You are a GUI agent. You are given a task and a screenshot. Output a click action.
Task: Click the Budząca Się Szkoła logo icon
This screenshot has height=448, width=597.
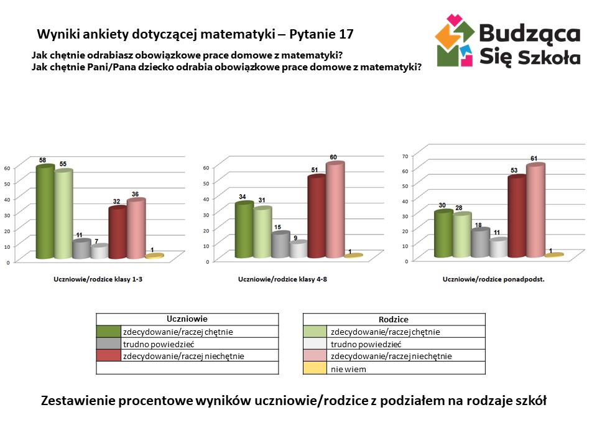point(456,40)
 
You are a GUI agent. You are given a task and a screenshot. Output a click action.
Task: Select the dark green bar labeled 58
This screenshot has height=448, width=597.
point(45,212)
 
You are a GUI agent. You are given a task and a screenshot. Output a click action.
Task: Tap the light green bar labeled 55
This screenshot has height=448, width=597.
point(63,214)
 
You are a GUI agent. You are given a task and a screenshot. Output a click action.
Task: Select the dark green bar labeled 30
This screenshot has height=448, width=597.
point(443,234)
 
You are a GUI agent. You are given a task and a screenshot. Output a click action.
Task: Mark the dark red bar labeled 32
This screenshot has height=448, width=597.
point(118,232)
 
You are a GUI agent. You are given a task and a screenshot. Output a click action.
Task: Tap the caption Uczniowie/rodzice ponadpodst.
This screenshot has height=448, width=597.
point(493,280)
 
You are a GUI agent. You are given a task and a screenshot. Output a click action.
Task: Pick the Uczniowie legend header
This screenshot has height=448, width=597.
point(187,319)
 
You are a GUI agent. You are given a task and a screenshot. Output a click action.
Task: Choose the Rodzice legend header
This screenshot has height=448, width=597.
point(393,319)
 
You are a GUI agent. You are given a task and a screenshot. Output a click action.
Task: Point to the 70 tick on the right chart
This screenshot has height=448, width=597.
point(405,156)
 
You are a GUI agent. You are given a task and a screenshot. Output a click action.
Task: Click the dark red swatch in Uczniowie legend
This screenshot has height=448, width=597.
point(108,356)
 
